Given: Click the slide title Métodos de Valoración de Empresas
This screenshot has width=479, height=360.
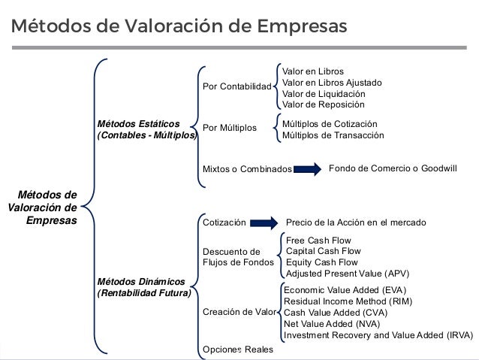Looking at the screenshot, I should [179, 26].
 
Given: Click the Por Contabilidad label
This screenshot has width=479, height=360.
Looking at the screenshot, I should [236, 87].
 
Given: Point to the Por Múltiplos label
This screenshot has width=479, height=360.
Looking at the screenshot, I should [230, 129].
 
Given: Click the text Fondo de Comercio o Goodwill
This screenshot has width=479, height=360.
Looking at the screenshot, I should [393, 168].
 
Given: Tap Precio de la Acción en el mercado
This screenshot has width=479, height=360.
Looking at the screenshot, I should [357, 223].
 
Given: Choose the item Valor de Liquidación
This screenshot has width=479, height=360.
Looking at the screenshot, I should [324, 93].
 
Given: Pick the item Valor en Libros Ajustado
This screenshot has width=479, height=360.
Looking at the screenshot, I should [332, 82].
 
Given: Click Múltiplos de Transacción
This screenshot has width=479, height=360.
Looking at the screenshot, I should [332, 135].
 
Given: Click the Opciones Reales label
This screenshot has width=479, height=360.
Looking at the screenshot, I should [238, 349].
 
